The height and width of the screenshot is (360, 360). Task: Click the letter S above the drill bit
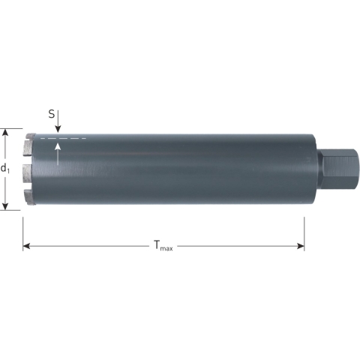[52, 115]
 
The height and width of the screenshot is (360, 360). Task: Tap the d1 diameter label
[6, 168]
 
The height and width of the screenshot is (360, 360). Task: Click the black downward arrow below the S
[58, 127]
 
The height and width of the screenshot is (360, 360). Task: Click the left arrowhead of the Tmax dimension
[26, 246]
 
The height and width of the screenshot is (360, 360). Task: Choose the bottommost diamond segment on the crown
[29, 202]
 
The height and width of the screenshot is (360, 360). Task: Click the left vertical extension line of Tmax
[22, 232]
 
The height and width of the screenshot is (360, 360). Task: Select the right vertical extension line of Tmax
[304, 232]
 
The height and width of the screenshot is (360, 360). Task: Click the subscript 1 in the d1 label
[9, 172]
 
